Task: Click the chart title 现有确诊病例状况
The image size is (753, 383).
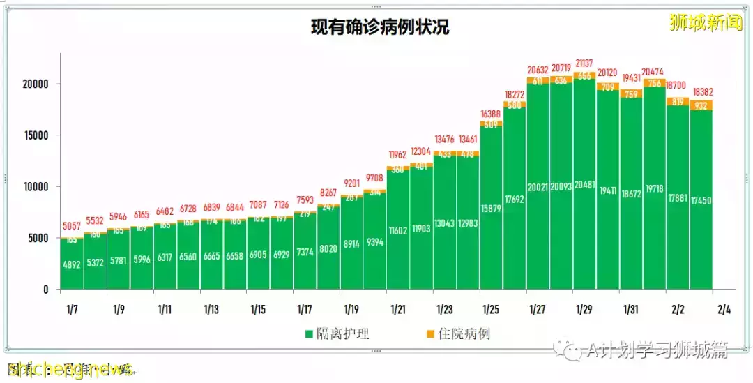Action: [x=379, y=27]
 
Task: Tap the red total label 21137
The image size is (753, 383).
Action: [x=585, y=63]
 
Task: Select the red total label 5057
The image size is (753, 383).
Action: [x=73, y=227]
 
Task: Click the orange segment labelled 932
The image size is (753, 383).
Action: [x=701, y=105]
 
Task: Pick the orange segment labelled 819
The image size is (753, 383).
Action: [x=678, y=101]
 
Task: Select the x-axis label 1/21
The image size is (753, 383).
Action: [x=398, y=309]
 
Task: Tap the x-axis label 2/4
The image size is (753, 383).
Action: [x=724, y=309]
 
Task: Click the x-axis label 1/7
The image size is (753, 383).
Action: [x=72, y=309]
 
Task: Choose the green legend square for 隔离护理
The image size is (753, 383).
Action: [x=309, y=334]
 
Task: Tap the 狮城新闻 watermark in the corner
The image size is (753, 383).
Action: [x=706, y=22]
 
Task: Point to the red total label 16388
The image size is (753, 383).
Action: [x=492, y=114]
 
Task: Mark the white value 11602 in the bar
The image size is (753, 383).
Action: [x=398, y=230]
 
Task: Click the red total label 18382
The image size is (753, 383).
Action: [x=701, y=92]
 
